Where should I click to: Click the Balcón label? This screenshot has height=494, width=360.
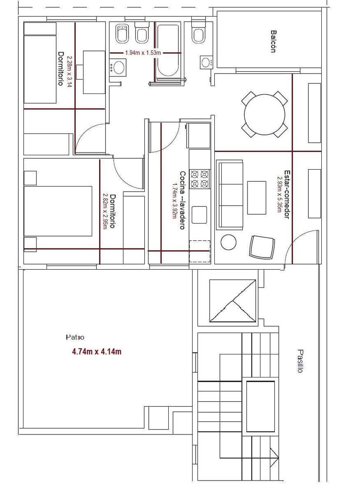coord(274,41)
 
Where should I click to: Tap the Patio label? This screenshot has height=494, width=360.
coord(75,337)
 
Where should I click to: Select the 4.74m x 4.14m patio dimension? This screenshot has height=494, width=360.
coord(97,352)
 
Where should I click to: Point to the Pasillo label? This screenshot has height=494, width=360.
coord(300,361)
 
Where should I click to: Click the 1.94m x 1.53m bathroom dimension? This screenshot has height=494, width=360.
coord(143,53)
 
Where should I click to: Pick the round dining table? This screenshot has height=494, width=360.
coord(265,115)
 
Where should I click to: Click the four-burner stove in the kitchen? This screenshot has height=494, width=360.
coord(200,179)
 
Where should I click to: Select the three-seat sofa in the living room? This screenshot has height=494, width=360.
coord(230,195)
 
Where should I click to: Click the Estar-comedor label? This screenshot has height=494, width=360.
coord(287,194)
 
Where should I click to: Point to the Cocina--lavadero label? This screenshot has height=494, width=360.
coord(182,200)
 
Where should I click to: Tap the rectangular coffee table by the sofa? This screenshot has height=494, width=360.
coord(257,197)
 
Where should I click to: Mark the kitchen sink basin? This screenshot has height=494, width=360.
coord(200,214)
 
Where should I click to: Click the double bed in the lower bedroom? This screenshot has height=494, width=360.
coord(58,211)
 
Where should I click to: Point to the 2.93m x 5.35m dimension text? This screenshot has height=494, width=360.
coord(280,194)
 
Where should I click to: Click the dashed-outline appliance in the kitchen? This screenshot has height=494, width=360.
coord(200,251)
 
